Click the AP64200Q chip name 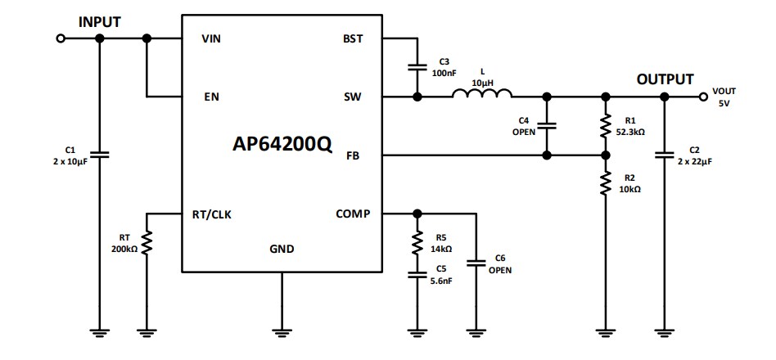click(282, 144)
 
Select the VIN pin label click(211, 39)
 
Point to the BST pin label click(354, 39)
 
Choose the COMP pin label click(353, 214)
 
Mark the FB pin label click(354, 155)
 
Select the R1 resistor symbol click(606, 126)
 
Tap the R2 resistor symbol click(606, 183)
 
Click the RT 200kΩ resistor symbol click(147, 243)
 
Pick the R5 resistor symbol click(417, 242)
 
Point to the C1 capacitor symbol click(100, 154)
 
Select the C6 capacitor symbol click(474, 263)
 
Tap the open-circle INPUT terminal click(60, 39)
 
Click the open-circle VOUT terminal click(703, 97)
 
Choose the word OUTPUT click(665, 79)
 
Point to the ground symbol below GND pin click(282, 331)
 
